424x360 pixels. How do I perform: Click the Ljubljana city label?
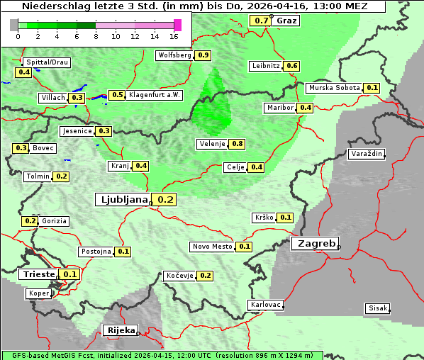[121, 200]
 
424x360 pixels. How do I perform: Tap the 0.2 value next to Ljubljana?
[165, 200]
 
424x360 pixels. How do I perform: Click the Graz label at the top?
[286, 21]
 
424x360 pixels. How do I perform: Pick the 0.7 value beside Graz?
[261, 21]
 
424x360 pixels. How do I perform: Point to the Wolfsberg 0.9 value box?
[203, 55]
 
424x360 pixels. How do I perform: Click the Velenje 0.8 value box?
[238, 144]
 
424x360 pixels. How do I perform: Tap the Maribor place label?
[279, 108]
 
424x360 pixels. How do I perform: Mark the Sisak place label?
[376, 308]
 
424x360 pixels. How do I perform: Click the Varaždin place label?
[366, 154]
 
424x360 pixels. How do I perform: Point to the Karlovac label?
[266, 305]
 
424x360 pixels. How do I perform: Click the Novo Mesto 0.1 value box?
[245, 247]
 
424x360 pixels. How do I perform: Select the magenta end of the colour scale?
[177, 25]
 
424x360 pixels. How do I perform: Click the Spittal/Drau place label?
[46, 62]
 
